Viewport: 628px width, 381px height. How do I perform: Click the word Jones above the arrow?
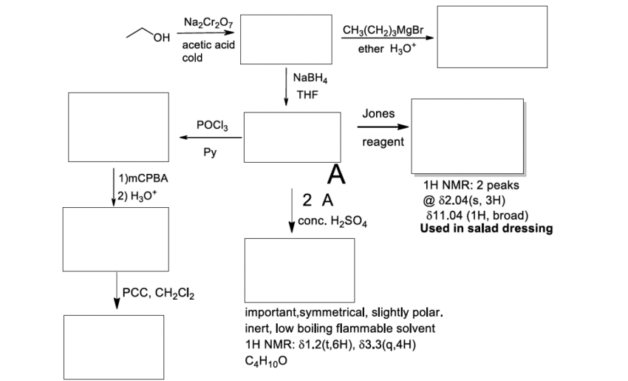[x=379, y=113]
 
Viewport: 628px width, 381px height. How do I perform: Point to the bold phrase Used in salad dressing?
[x=485, y=228]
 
